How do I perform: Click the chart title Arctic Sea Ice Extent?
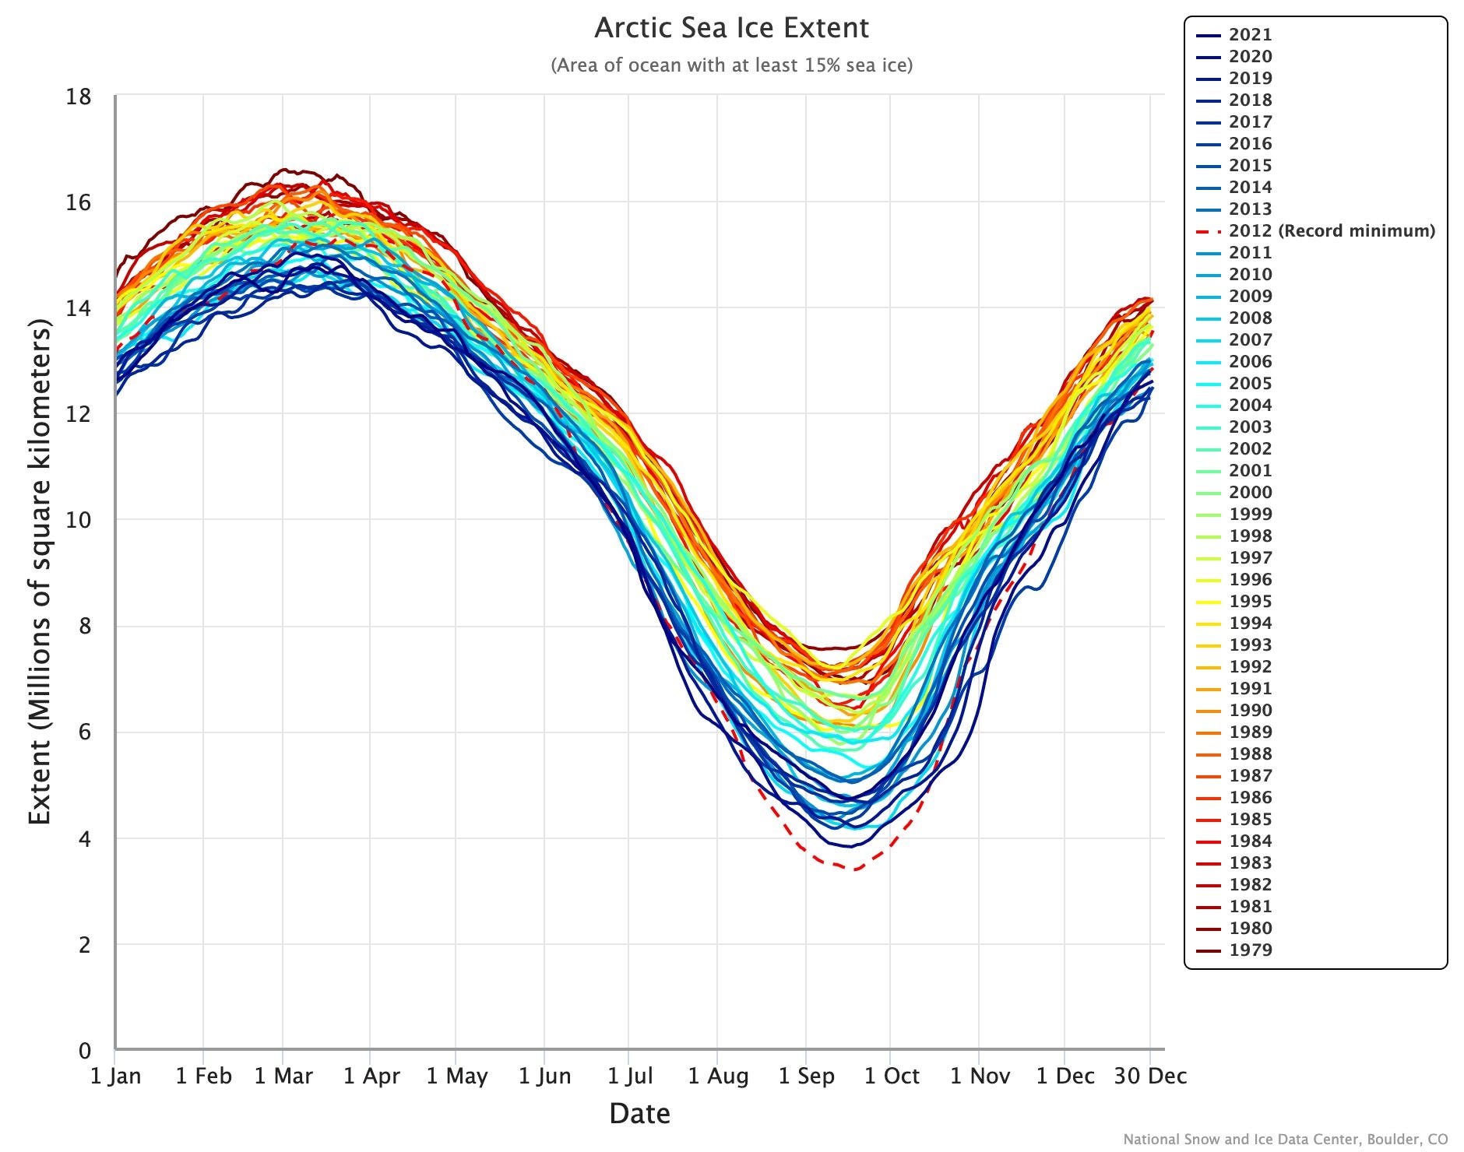click(x=731, y=28)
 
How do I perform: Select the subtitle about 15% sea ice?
click(x=731, y=65)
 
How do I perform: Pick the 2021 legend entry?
click(x=1250, y=35)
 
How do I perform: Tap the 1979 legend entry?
click(x=1250, y=950)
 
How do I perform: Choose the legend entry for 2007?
click(x=1250, y=340)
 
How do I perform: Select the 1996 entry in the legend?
click(x=1250, y=580)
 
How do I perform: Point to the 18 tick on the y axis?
click(x=79, y=97)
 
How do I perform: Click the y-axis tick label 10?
click(x=79, y=520)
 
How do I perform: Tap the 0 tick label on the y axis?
click(x=84, y=1051)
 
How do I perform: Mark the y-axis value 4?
click(x=84, y=839)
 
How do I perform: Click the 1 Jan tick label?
click(x=115, y=1076)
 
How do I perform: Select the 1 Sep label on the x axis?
click(x=806, y=1076)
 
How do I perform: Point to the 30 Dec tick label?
click(x=1150, y=1076)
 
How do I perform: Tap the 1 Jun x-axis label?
click(x=544, y=1076)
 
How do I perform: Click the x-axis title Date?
click(x=639, y=1114)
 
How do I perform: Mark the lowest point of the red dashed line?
click(x=855, y=869)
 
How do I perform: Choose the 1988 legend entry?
click(x=1250, y=754)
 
